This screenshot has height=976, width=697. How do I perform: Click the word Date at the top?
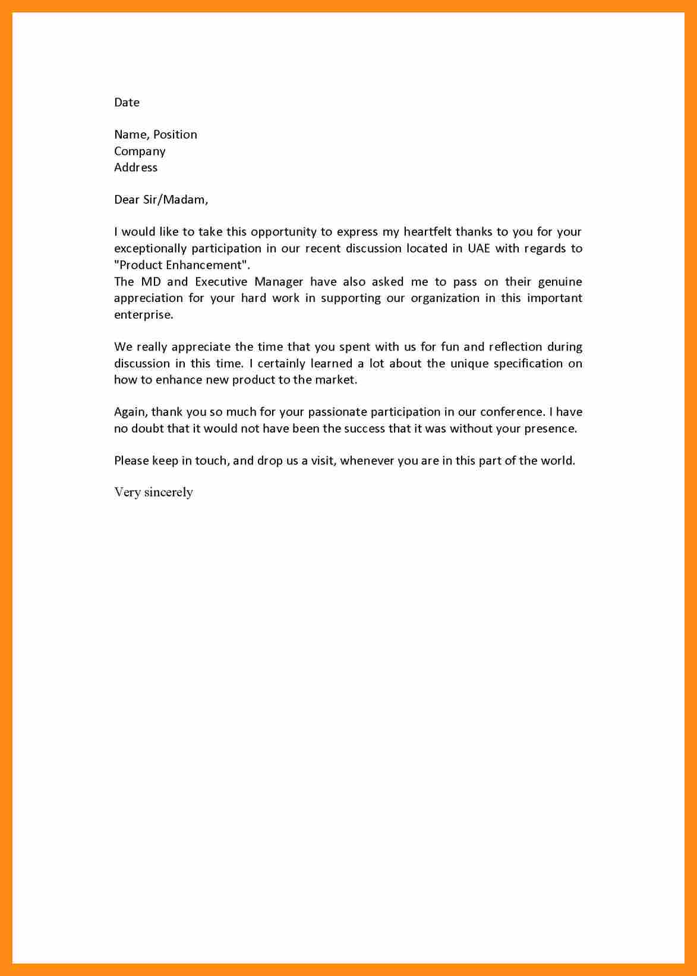(127, 102)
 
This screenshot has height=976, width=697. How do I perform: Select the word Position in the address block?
(175, 135)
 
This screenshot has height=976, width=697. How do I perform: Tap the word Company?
(140, 152)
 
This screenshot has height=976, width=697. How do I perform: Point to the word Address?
(135, 168)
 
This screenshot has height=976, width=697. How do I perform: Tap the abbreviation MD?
(151, 282)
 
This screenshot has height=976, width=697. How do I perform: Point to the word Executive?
(221, 282)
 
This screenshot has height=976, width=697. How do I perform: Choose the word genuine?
(560, 282)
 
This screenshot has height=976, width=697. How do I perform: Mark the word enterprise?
(143, 315)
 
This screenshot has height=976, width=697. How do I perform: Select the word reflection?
(515, 347)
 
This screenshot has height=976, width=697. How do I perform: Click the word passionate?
(336, 412)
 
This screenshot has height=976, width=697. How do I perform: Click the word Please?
(131, 461)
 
